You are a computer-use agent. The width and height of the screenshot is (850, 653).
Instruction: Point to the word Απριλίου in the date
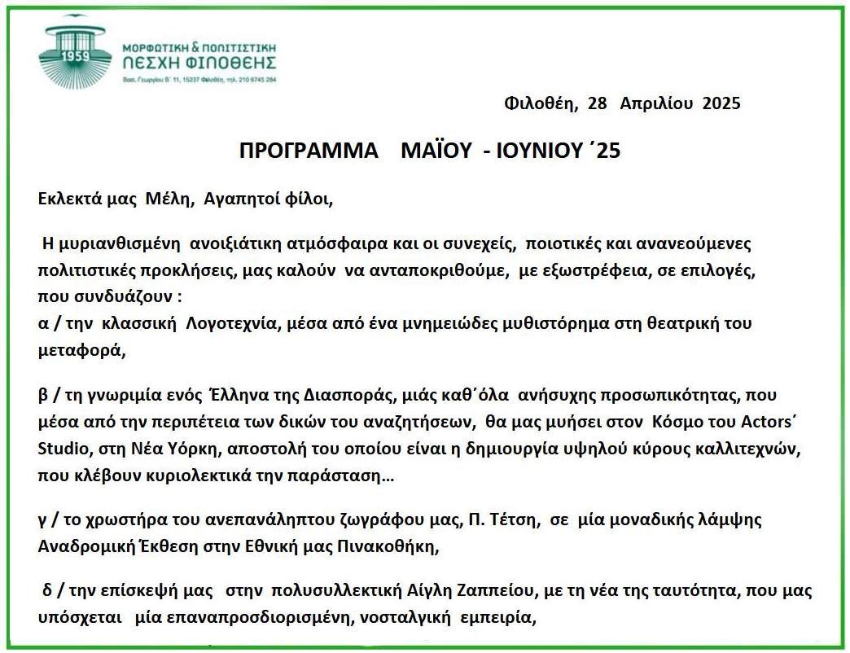tap(656, 103)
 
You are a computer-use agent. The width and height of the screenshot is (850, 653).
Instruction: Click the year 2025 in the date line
tap(721, 103)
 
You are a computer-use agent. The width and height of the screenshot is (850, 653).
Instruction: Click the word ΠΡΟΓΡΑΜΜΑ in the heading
tap(309, 151)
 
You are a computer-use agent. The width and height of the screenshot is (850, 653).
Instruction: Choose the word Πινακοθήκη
tap(386, 546)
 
